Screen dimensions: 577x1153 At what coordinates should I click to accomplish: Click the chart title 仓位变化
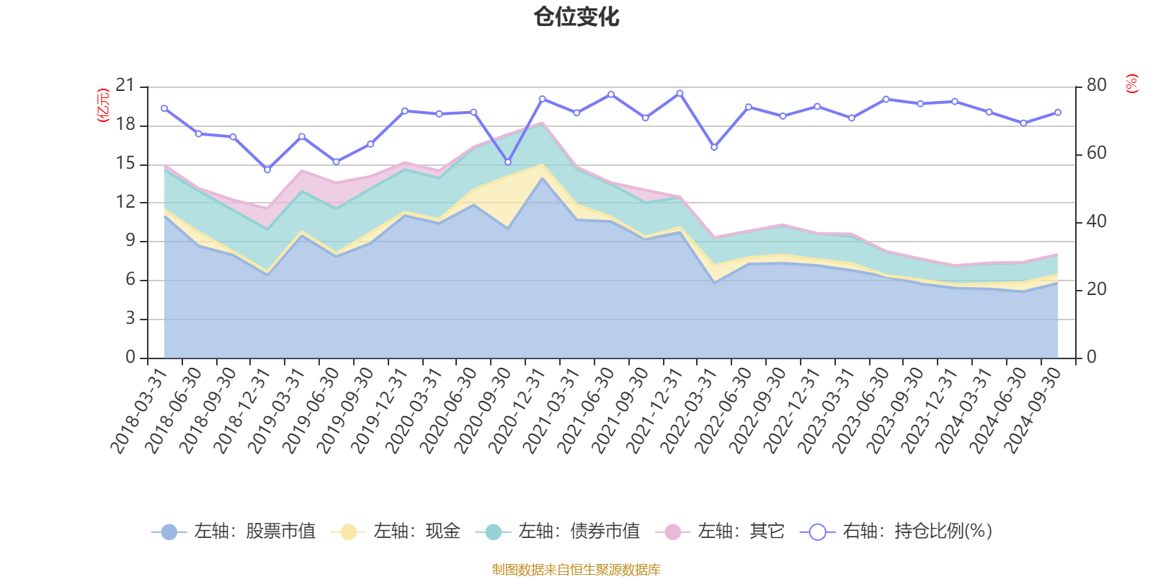pyautogui.click(x=576, y=17)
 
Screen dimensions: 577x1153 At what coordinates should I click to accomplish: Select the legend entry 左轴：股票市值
pyautogui.click(x=234, y=532)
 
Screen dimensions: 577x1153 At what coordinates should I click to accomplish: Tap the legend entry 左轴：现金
pyautogui.click(x=396, y=532)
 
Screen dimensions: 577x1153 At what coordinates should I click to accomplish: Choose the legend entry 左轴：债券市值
pyautogui.click(x=558, y=532)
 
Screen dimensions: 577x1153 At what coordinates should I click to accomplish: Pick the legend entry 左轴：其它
pyautogui.click(x=721, y=532)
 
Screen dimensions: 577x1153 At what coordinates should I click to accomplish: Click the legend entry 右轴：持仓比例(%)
pyautogui.click(x=897, y=532)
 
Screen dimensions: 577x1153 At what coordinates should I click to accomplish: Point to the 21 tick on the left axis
pyautogui.click(x=125, y=86)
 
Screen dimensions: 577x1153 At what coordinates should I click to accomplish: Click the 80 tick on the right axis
pyautogui.click(x=1096, y=85)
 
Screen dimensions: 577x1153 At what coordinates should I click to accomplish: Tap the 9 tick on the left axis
pyautogui.click(x=130, y=241)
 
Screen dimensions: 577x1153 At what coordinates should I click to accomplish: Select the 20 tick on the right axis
pyautogui.click(x=1096, y=289)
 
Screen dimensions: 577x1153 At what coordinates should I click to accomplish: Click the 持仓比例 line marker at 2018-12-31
pyautogui.click(x=267, y=169)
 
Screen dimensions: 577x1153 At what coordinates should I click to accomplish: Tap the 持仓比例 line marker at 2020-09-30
pyautogui.click(x=508, y=162)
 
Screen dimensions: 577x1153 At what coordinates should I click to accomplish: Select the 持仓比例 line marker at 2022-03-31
pyautogui.click(x=714, y=147)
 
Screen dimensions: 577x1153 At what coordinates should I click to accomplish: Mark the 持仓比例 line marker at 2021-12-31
pyautogui.click(x=680, y=93)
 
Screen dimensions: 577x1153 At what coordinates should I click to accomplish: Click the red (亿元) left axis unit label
pyautogui.click(x=103, y=105)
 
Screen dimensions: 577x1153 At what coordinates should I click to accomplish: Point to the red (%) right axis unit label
pyautogui.click(x=1132, y=84)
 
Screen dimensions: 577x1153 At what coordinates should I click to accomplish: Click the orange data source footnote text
pyautogui.click(x=576, y=570)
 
